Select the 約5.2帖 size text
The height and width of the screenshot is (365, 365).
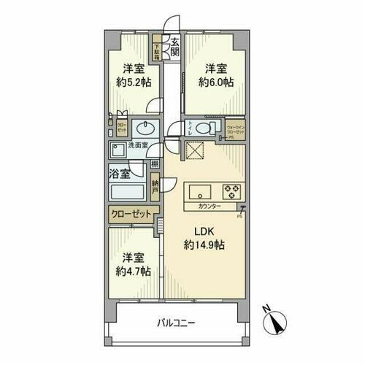pyautogui.click(x=132, y=82)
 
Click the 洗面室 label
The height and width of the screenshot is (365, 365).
pyautogui.click(x=139, y=146)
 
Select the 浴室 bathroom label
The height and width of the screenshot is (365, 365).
pyautogui.click(x=120, y=174)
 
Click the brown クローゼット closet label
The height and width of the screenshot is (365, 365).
pyautogui.click(x=132, y=214)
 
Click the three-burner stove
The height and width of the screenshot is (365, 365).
pyautogui.click(x=233, y=192)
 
